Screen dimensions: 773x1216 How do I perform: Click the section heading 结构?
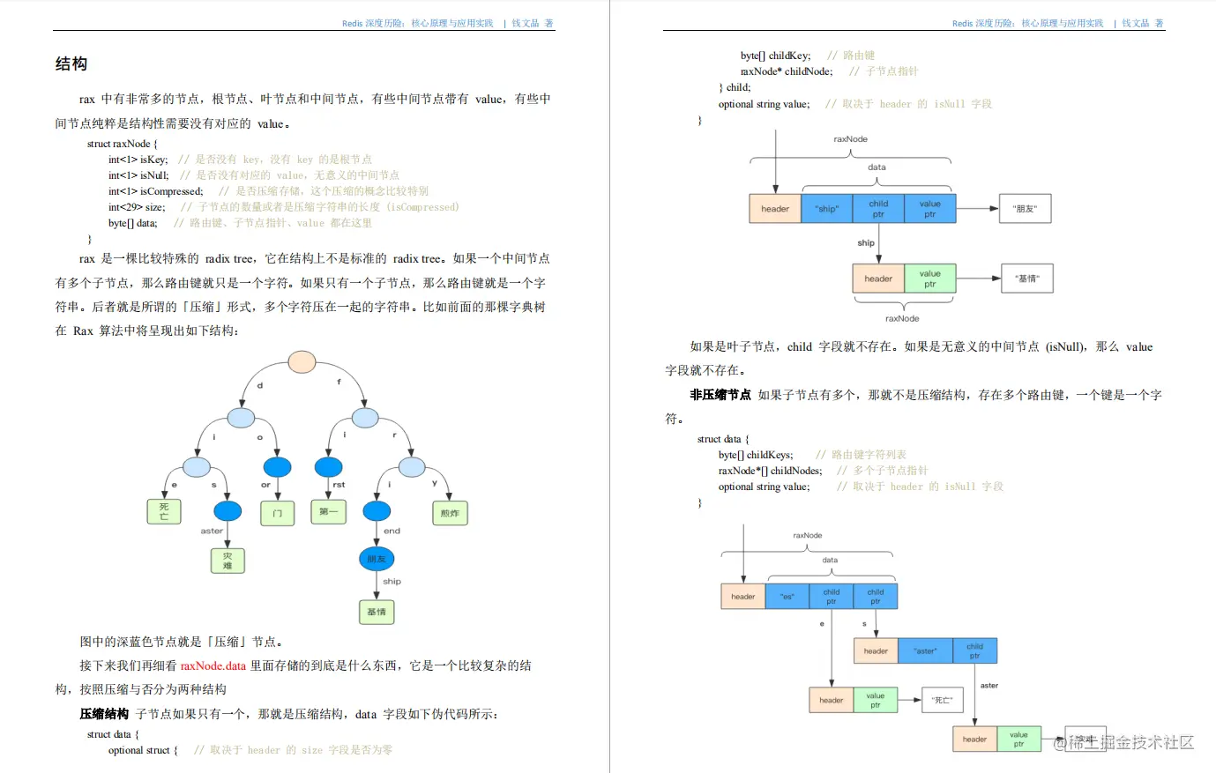coord(71,64)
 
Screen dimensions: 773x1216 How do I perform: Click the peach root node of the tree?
coord(302,361)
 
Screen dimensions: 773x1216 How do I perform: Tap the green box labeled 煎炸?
coord(450,513)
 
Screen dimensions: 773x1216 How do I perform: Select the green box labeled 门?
coord(277,513)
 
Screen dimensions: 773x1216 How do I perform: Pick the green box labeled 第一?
coord(328,511)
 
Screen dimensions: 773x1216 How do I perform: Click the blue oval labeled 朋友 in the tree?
coord(377,559)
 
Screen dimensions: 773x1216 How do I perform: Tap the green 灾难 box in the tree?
coord(228,561)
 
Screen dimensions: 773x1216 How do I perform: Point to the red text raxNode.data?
coord(213,665)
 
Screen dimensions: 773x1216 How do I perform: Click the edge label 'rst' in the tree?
coord(339,485)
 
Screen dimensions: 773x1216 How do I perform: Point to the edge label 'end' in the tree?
coord(392,531)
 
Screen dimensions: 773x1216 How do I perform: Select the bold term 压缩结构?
coord(104,714)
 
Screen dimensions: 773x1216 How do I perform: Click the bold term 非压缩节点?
coord(720,395)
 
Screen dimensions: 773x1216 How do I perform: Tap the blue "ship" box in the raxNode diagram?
coord(827,209)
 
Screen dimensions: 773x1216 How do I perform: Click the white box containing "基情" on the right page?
coord(1027,279)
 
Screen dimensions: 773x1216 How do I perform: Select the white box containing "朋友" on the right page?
coord(1025,209)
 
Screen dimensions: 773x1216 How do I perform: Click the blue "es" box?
coord(787,597)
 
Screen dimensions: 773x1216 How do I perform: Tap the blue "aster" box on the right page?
coord(925,651)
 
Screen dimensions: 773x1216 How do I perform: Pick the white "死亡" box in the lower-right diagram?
coord(943,700)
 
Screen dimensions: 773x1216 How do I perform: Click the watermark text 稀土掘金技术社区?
coord(1131,742)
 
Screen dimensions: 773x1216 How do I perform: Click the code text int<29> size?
coord(137,207)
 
